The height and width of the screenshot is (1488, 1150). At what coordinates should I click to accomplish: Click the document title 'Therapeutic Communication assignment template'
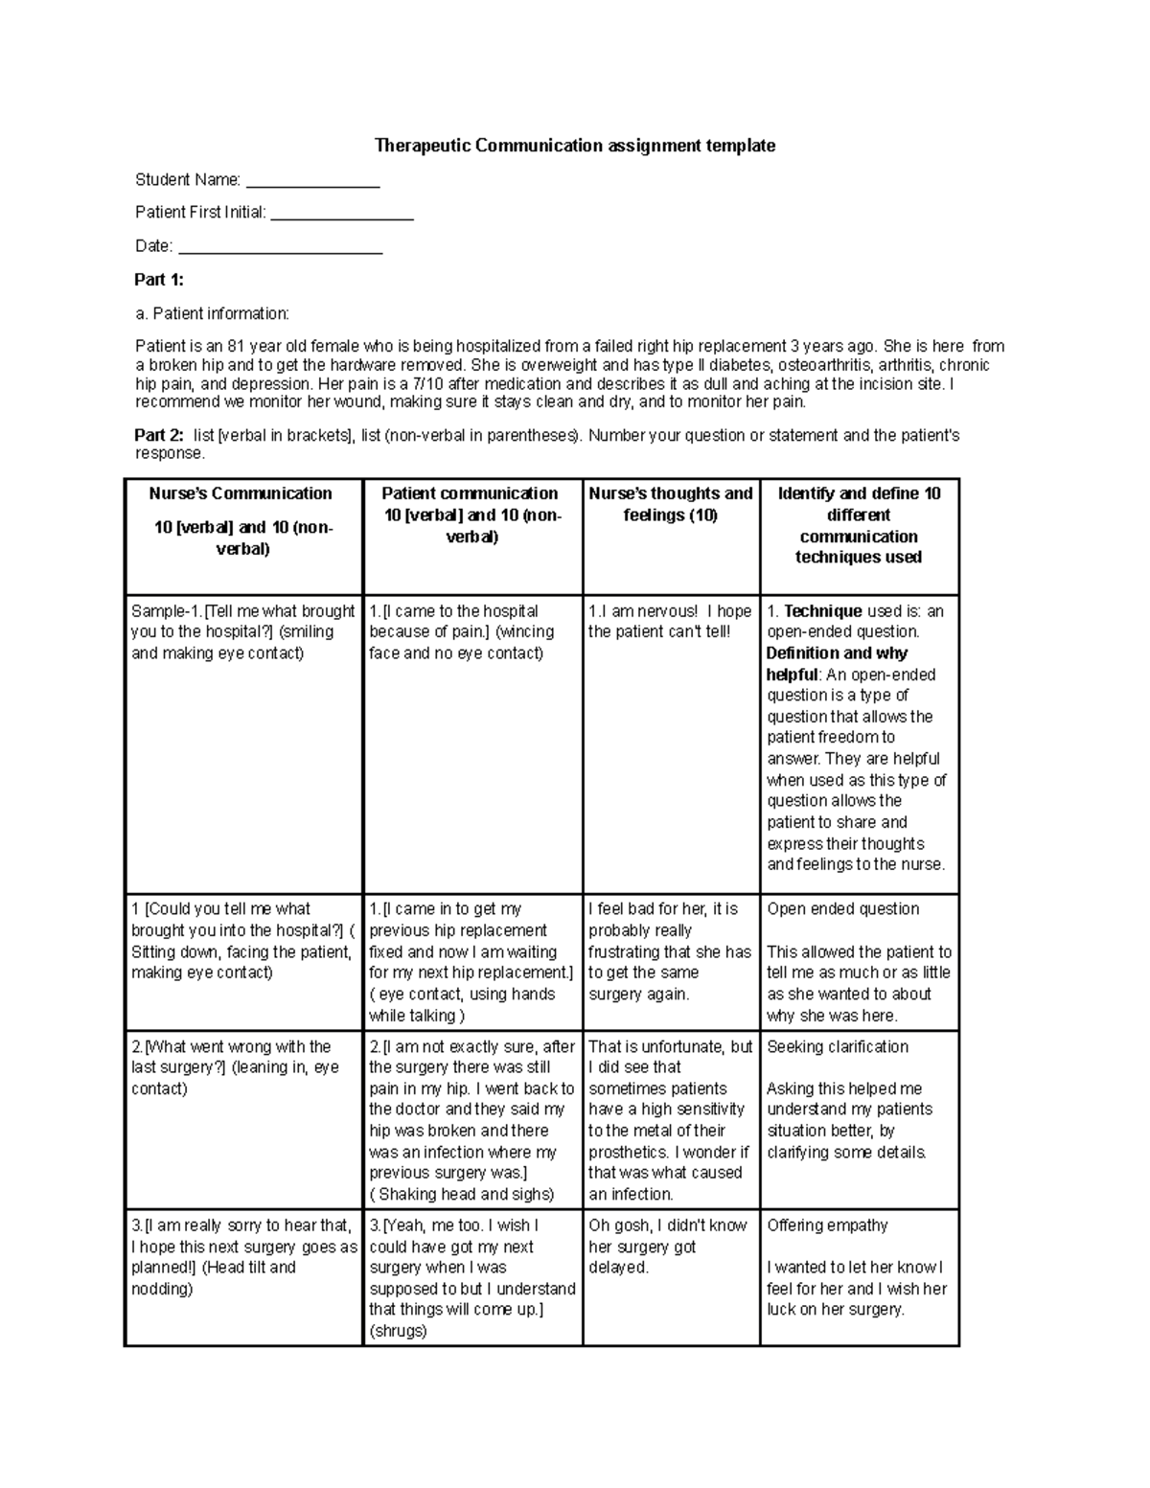pos(574,146)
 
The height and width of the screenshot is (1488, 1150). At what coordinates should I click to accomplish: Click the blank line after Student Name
pos(313,181)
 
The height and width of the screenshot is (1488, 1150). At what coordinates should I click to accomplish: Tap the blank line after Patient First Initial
pos(342,214)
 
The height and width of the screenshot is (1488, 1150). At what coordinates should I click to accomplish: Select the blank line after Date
pos(281,247)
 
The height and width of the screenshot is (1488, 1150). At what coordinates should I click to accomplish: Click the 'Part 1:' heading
pos(159,280)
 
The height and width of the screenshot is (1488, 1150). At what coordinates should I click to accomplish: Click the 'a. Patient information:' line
pos(212,313)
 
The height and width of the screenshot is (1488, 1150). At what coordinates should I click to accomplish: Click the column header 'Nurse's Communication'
pos(241,493)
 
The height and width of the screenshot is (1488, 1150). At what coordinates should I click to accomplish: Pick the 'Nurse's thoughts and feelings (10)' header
pos(670,504)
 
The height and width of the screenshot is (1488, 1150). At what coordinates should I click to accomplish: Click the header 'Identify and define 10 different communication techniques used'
pos(858,525)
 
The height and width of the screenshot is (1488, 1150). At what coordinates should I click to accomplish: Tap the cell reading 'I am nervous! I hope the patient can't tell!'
pos(669,621)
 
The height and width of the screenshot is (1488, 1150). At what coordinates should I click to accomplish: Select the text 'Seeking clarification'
pos(838,1046)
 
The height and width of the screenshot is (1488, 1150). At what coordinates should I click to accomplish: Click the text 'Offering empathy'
pos(827,1225)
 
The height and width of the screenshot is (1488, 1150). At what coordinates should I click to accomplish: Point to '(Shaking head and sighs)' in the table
pos(462,1194)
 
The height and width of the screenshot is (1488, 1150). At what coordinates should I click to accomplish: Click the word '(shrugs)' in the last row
pos(398,1331)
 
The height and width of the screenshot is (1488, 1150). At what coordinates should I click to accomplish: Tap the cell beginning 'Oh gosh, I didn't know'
pos(667,1246)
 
